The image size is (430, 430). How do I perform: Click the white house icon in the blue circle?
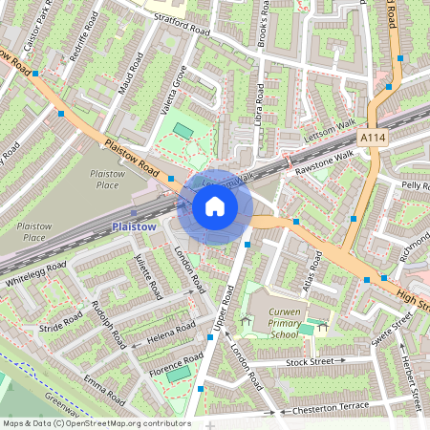(215, 205)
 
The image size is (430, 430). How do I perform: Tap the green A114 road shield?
(374, 140)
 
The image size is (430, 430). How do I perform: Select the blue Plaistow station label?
(132, 226)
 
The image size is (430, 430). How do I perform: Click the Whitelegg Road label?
(36, 275)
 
